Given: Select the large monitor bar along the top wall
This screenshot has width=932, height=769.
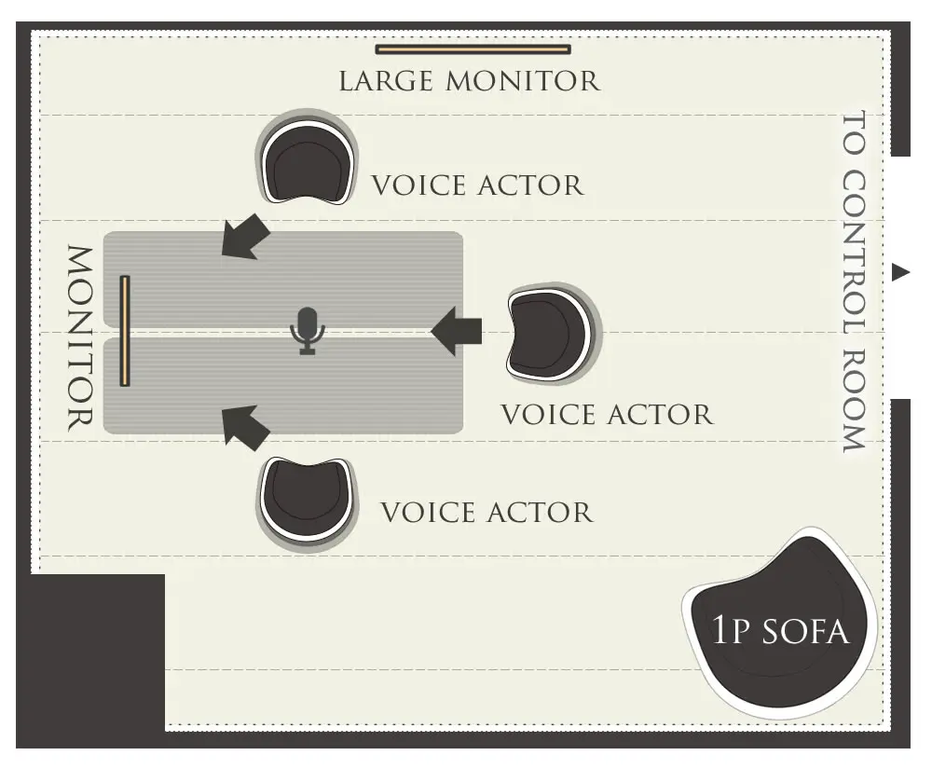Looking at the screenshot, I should click(x=473, y=49).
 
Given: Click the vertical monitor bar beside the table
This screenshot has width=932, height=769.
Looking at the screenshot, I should click(x=125, y=330).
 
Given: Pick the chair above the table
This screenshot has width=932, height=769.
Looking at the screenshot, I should click(x=308, y=162).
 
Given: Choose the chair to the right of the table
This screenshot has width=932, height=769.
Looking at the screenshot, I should click(x=550, y=334).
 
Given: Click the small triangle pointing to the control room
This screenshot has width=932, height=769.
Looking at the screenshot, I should click(x=899, y=272).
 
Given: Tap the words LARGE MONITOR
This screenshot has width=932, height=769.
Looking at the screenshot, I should click(x=469, y=81).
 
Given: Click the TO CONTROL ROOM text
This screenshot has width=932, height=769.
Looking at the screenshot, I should click(x=855, y=282).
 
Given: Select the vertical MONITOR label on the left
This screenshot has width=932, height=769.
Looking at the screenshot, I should click(x=80, y=337).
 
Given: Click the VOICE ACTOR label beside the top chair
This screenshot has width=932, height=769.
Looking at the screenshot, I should click(x=477, y=185).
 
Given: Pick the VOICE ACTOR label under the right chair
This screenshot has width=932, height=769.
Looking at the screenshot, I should click(x=607, y=414).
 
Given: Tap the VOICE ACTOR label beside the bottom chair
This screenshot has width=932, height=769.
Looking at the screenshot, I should click(x=487, y=512).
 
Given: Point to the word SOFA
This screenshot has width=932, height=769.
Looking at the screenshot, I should click(x=805, y=632).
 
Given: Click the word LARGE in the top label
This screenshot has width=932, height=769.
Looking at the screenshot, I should click(x=386, y=81).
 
